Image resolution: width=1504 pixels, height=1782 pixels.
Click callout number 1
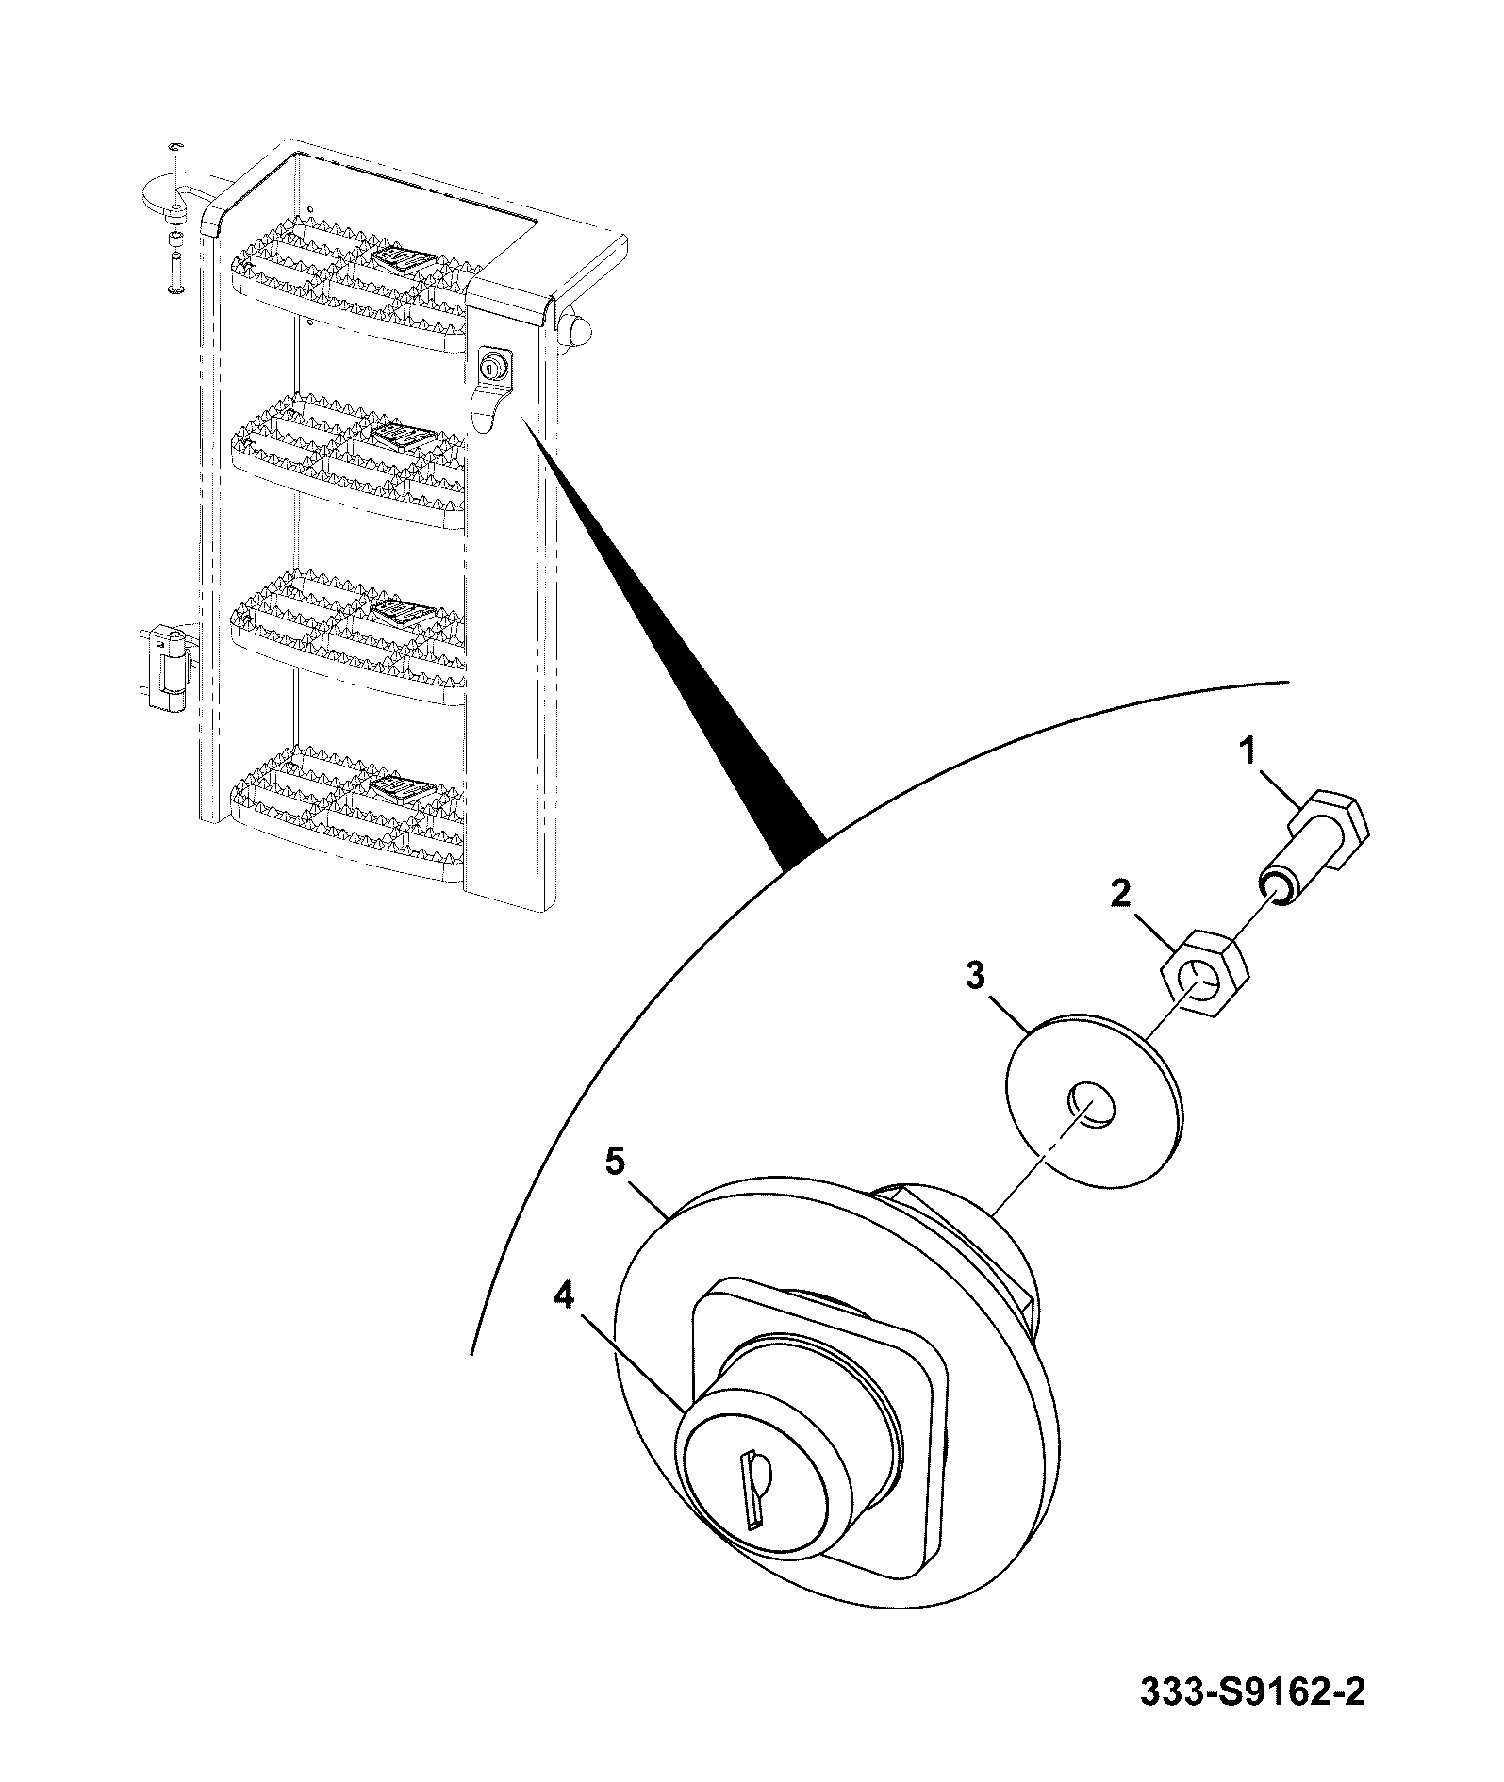point(1247,751)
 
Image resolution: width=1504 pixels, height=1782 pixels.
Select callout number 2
point(1120,893)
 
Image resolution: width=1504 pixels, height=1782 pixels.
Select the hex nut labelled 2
point(1203,982)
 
